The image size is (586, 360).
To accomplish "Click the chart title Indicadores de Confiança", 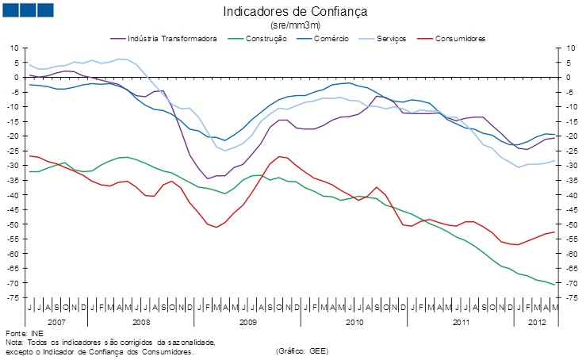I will click(x=295, y=12).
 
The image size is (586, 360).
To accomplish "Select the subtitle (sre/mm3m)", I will click(x=295, y=25).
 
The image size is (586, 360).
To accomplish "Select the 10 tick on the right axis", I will click(x=569, y=48).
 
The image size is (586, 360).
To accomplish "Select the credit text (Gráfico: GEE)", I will click(x=302, y=350).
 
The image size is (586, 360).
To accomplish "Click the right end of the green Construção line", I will click(x=553, y=284).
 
